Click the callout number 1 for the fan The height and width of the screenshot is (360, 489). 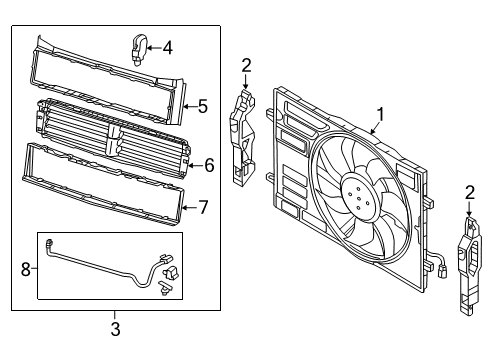click(380, 115)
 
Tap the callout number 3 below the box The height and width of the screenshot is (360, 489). click(115, 329)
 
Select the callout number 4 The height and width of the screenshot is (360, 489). click(168, 48)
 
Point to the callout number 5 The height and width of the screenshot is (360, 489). click(202, 107)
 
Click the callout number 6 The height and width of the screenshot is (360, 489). click(209, 165)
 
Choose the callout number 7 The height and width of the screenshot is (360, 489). click(203, 207)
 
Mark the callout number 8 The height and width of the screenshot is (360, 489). click(26, 269)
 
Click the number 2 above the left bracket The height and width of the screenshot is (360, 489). click(246, 66)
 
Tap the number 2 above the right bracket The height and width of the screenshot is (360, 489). click(469, 193)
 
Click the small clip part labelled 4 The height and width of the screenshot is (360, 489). click(138, 49)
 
